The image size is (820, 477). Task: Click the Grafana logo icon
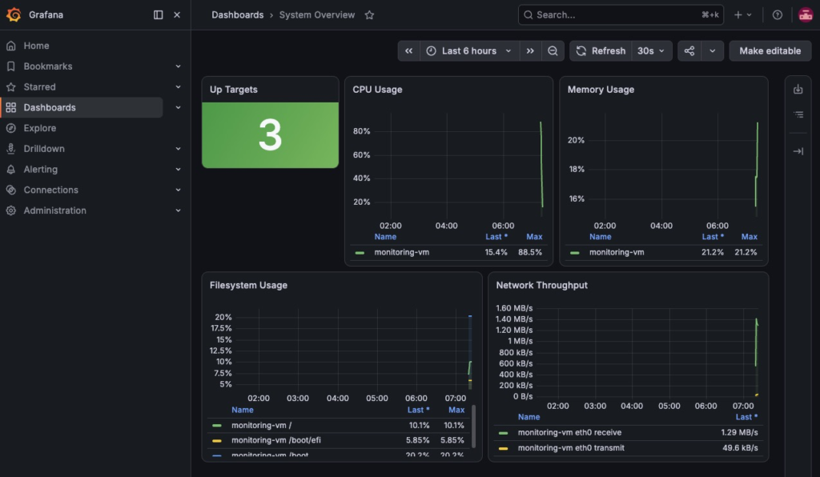14,14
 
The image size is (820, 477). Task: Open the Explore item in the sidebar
40,128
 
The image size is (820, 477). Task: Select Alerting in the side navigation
40,170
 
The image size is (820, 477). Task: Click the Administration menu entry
54,210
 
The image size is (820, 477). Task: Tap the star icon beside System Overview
369,15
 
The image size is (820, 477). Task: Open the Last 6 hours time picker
469,50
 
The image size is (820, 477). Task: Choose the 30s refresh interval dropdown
651,50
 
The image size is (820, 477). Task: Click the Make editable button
770,50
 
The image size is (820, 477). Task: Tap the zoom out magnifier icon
553,50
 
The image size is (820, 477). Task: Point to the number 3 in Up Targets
271,134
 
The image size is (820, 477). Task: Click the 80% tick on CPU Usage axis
361,131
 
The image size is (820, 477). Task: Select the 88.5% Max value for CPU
530,252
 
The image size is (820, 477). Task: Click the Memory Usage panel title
601,90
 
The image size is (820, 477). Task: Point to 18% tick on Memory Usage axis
577,170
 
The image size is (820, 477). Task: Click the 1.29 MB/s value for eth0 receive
739,433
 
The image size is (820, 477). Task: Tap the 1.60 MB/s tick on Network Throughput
514,308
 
